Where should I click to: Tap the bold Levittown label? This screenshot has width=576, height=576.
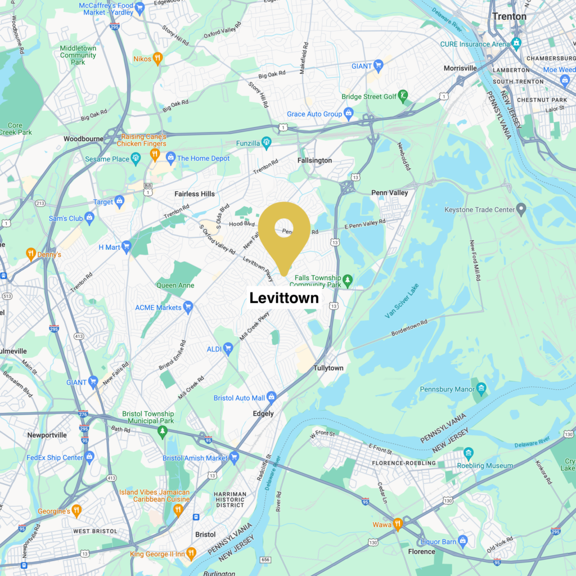click(284, 298)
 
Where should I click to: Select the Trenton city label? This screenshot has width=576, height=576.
click(509, 16)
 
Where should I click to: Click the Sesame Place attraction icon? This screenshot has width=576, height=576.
click(136, 159)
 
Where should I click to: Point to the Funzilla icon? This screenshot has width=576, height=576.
click(267, 141)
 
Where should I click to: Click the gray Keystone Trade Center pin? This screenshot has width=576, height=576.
click(521, 210)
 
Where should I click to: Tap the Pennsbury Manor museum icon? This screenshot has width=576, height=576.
click(481, 389)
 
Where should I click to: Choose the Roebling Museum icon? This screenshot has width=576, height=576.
click(469, 453)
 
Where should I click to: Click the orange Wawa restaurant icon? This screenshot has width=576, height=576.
click(398, 524)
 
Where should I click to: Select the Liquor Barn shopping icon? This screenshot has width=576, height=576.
click(463, 541)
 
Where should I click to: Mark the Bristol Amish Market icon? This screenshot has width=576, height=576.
click(234, 457)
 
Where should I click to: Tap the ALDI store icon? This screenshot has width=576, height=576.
click(228, 349)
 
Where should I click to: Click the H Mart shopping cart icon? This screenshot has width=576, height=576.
click(127, 246)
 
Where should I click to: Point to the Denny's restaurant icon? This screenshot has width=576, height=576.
click(31, 254)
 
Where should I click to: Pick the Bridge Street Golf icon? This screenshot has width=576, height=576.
click(403, 97)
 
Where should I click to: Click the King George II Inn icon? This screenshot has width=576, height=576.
click(191, 553)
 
